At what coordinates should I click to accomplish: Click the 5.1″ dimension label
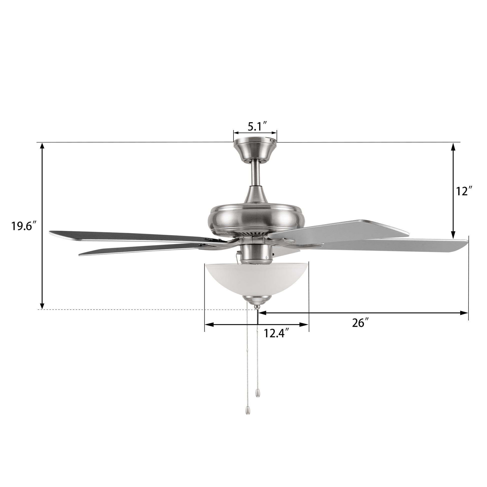pyautogui.click(x=257, y=127)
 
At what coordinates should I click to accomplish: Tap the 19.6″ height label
pyautogui.click(x=25, y=225)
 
